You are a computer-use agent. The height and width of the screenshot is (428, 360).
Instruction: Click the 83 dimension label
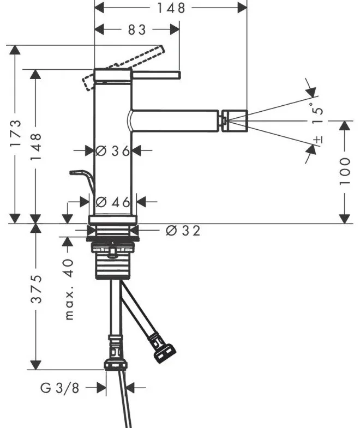[x=137, y=29]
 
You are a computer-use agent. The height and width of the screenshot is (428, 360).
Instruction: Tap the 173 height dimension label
[x=15, y=132]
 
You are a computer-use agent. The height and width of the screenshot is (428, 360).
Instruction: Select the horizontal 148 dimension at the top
[x=171, y=8]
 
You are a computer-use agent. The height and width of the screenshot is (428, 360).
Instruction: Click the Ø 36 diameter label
[x=112, y=150]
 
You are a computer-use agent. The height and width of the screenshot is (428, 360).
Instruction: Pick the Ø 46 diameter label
[x=113, y=202]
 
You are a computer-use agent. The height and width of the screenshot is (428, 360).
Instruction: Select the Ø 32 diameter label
[x=183, y=231]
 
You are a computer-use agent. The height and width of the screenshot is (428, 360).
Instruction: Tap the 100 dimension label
[x=345, y=171]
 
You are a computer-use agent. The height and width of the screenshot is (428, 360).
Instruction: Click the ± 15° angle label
[x=317, y=122]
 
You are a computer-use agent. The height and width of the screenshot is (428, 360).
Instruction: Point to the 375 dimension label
[x=36, y=289]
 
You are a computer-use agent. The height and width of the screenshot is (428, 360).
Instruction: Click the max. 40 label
[x=69, y=290]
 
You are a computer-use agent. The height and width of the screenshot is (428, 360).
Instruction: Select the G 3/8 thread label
[x=59, y=388]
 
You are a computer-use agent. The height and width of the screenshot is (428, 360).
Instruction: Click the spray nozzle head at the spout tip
[x=235, y=121]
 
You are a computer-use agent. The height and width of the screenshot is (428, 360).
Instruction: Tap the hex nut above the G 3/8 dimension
[x=116, y=365]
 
